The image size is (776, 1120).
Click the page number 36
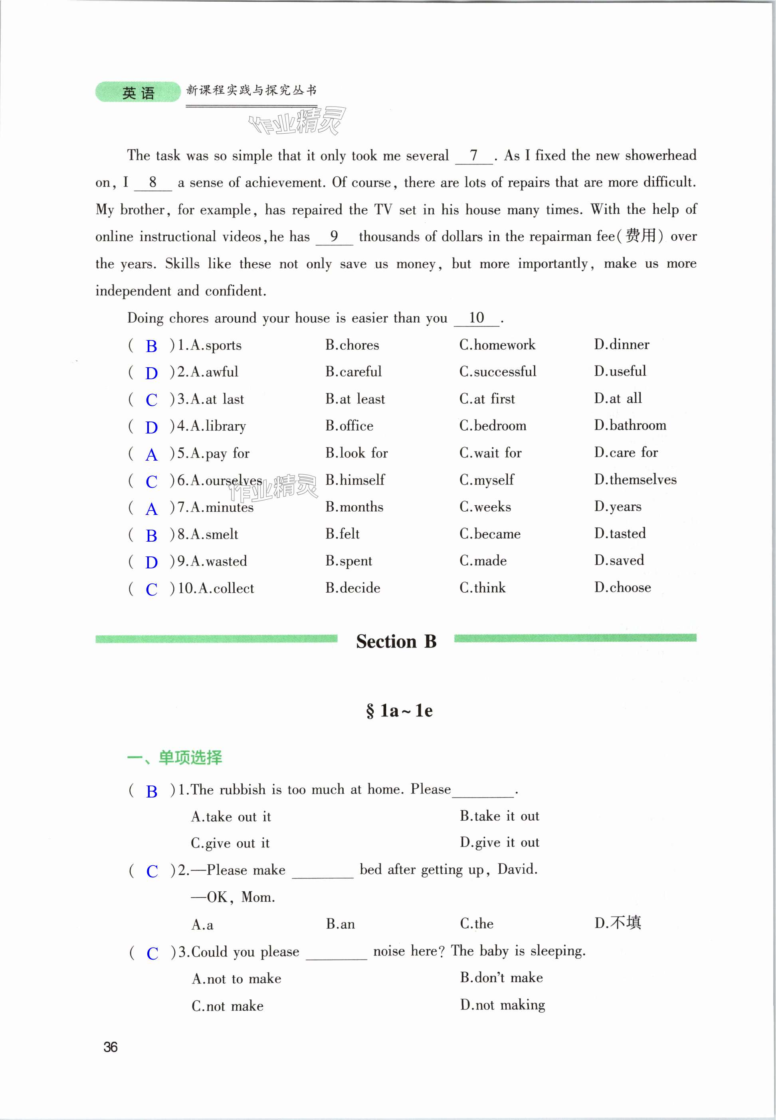coord(110,1047)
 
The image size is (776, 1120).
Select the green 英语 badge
coord(138,92)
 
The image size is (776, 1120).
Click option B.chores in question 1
coord(352,345)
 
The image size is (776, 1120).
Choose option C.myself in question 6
coord(486,480)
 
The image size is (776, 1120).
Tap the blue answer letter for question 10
coord(151,589)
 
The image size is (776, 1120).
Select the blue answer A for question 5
coord(151,455)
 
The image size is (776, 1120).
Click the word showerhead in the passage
coord(660,156)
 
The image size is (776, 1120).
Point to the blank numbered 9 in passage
coord(334,237)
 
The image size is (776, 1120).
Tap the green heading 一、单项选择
coord(174,757)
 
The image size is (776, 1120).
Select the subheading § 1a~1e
coord(399,711)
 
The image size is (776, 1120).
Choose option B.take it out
coord(499,816)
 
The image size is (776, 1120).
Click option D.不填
coord(618,923)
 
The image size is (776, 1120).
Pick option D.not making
coord(502,1005)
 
